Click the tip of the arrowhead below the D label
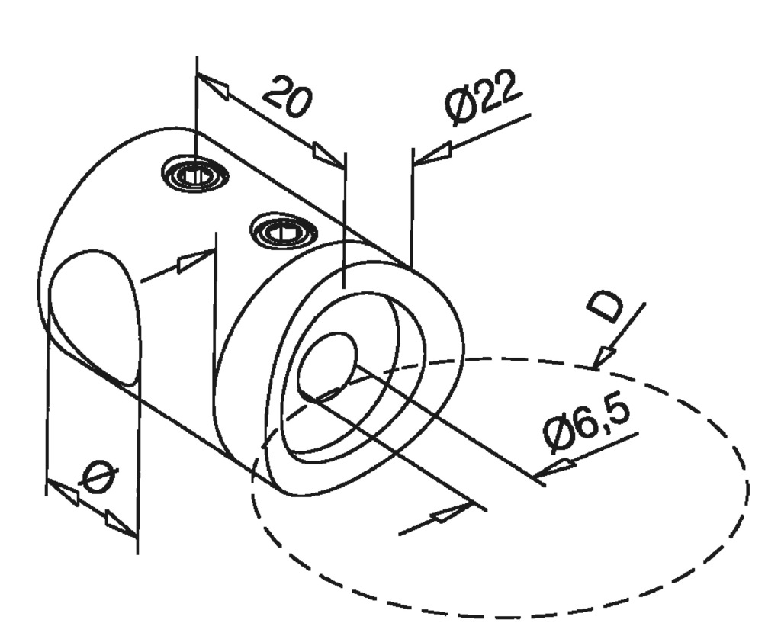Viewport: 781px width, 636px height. [593, 369]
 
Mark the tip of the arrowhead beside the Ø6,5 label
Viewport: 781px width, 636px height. [535, 477]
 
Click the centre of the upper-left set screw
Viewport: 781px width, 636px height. [195, 175]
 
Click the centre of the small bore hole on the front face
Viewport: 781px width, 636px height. [326, 363]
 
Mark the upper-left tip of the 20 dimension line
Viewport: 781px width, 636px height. [198, 74]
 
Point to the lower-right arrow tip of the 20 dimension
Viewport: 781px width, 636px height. [344, 167]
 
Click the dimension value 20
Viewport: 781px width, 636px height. [288, 98]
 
